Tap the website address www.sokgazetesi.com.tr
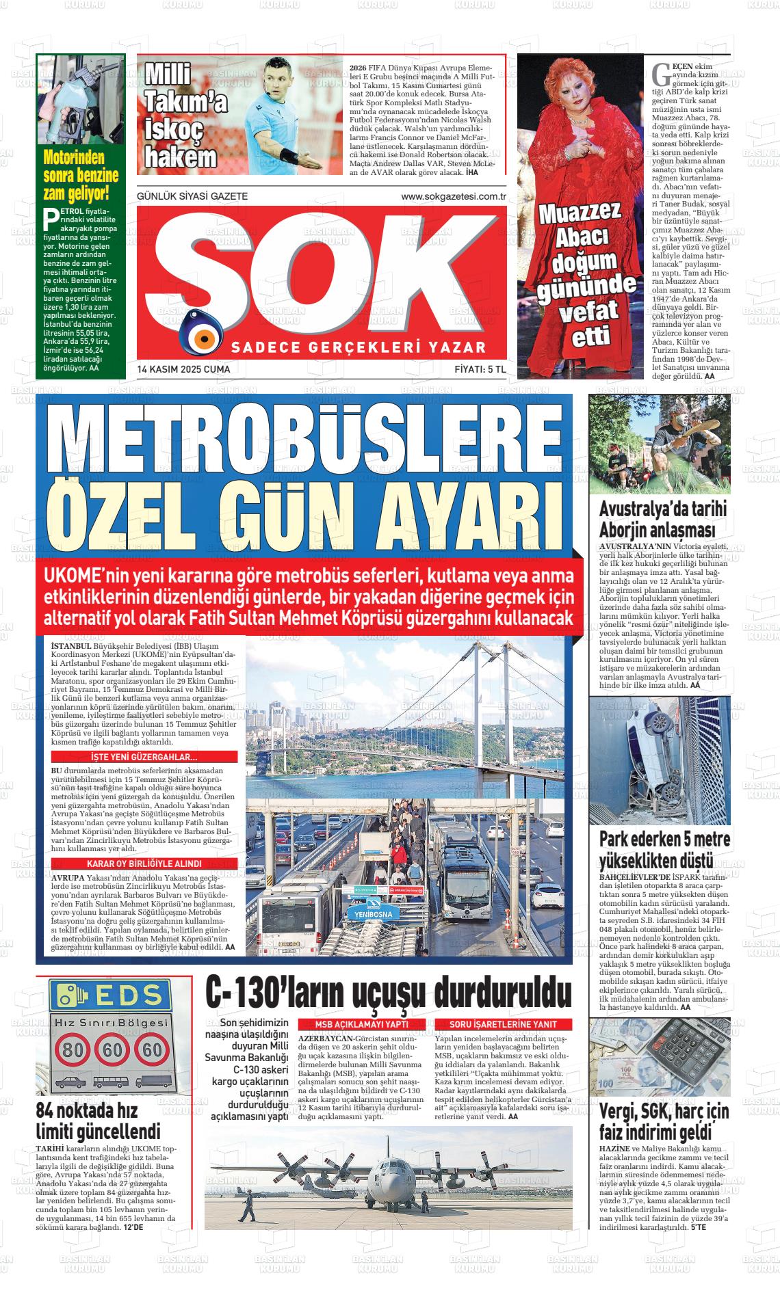[453, 197]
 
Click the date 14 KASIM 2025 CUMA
[183, 370]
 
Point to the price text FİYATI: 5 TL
[480, 370]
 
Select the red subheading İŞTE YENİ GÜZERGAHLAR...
[144, 758]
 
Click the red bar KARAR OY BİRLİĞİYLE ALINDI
[144, 863]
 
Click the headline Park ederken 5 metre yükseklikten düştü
[664, 849]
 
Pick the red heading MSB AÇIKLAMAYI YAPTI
[361, 1024]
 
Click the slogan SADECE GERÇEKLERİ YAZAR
[359, 347]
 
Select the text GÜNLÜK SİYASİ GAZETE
[192, 197]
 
